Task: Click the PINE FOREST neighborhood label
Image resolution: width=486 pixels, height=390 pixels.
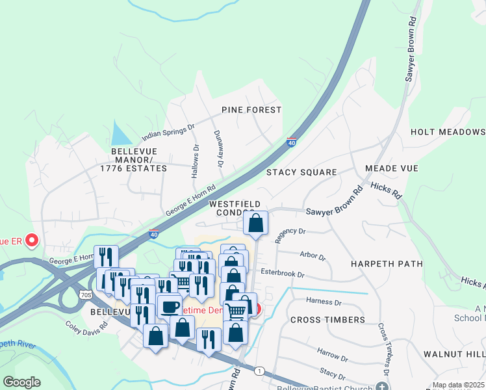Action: click(251, 110)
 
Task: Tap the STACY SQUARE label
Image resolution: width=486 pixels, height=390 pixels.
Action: click(301, 172)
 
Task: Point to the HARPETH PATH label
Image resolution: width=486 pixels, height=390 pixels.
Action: click(387, 264)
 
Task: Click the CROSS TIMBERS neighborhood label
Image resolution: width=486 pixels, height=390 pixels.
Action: click(327, 320)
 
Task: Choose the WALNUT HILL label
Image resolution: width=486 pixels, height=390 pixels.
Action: click(454, 354)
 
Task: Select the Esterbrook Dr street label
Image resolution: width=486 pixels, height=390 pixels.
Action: click(282, 274)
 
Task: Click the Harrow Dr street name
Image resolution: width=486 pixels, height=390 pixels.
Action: click(333, 354)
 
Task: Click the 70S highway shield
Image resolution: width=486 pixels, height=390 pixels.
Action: click(86, 294)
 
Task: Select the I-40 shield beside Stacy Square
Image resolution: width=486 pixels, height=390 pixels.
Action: click(291, 142)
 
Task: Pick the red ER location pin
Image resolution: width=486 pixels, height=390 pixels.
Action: click(31, 241)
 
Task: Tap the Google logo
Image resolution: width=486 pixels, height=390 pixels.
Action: click(21, 382)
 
